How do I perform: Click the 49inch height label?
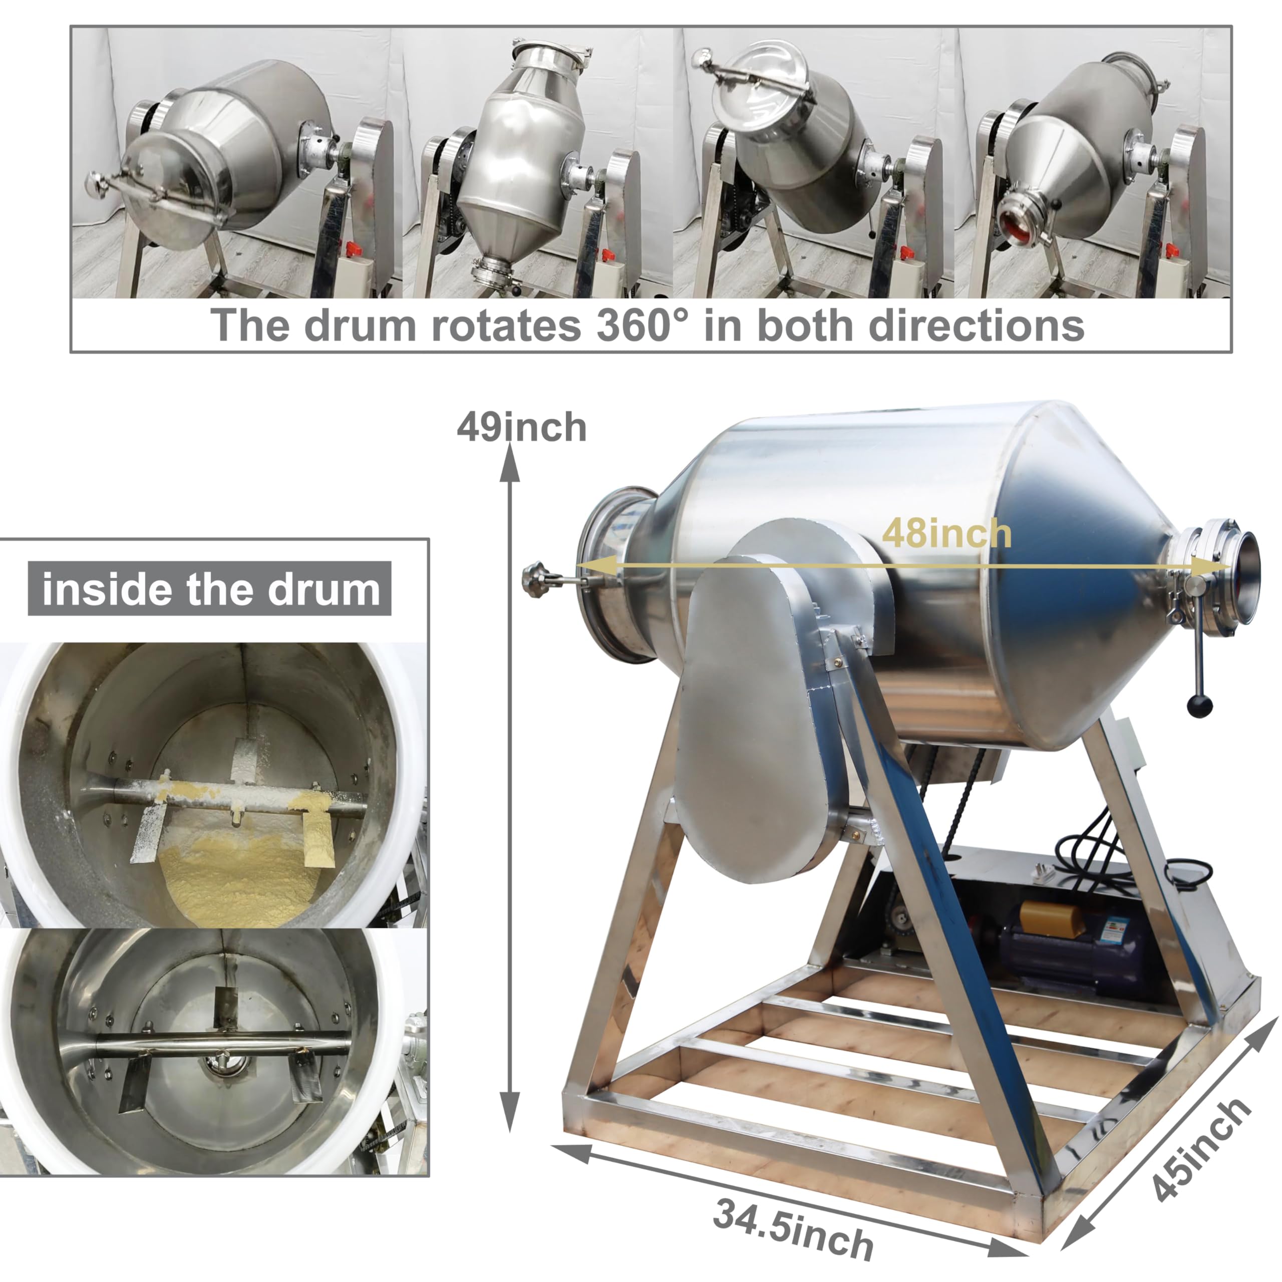[521, 428]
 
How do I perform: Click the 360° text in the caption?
[643, 325]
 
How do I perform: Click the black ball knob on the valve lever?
[1200, 706]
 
